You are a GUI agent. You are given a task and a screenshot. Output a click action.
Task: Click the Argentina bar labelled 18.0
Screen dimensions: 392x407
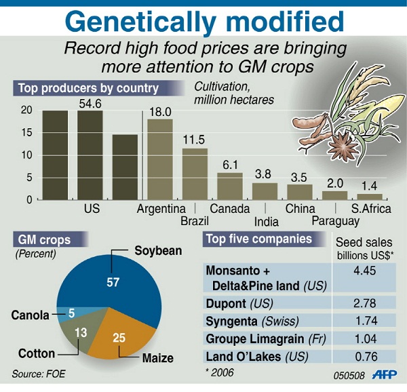(x=160, y=159)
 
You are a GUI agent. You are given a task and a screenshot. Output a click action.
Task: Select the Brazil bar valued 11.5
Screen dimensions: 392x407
(x=195, y=174)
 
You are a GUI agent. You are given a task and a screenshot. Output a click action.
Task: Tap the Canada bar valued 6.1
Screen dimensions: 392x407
(x=229, y=186)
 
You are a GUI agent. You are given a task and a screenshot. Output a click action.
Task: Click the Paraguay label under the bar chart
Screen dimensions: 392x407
(x=335, y=221)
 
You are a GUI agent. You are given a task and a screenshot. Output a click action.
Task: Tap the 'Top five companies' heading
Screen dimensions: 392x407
(x=258, y=239)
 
